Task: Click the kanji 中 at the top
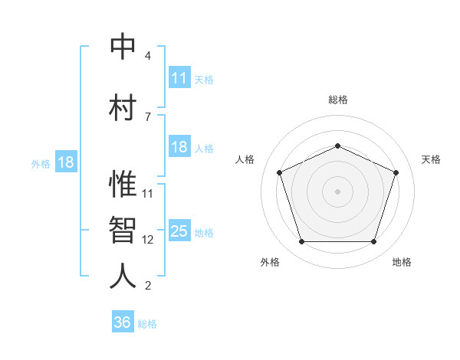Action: click(x=123, y=47)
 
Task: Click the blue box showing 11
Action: click(x=179, y=78)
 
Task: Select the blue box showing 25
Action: click(x=179, y=231)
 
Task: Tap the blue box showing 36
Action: click(x=123, y=322)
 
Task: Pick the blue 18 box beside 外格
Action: click(x=65, y=162)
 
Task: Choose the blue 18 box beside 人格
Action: click(x=179, y=147)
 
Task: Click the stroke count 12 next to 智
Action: click(x=148, y=240)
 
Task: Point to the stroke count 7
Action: click(x=148, y=116)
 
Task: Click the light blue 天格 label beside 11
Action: click(x=203, y=79)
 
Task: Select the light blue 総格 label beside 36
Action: click(x=147, y=324)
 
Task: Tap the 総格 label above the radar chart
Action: click(x=338, y=100)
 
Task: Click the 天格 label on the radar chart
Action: click(x=432, y=159)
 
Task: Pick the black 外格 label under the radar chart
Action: click(x=270, y=262)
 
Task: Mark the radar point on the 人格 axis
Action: click(x=279, y=172)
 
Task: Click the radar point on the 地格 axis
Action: click(x=373, y=242)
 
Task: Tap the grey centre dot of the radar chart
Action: click(x=338, y=191)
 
